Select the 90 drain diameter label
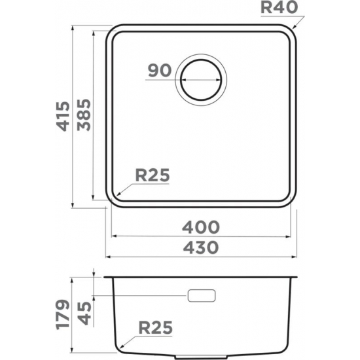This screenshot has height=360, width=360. pos(159,71)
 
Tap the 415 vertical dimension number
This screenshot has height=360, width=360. pos(63,116)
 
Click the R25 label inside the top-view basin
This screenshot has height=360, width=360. pos(153,175)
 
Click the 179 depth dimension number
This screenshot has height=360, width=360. pos(63,314)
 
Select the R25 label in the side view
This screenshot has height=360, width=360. pos(154,328)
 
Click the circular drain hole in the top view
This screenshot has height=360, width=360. pos(202,81)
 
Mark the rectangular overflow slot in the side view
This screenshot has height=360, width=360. pos(202,295)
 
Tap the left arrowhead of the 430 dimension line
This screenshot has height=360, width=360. pos(108,256)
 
